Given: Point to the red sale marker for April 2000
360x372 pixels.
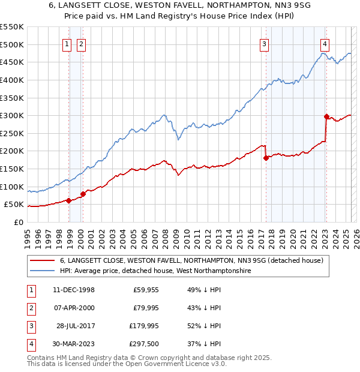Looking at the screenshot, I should click(x=83, y=193).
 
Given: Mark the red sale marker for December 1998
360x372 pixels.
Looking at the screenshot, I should click(x=69, y=200).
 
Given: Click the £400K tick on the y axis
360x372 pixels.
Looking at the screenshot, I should click(x=12, y=80).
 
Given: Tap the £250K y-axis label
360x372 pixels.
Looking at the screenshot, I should click(x=12, y=133).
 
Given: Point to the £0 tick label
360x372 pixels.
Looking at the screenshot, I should click(x=18, y=222).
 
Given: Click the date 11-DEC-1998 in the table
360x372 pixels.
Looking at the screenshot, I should click(x=74, y=289).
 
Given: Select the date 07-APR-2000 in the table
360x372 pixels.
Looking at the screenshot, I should click(x=74, y=308).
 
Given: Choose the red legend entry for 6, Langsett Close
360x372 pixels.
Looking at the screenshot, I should click(x=191, y=260).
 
